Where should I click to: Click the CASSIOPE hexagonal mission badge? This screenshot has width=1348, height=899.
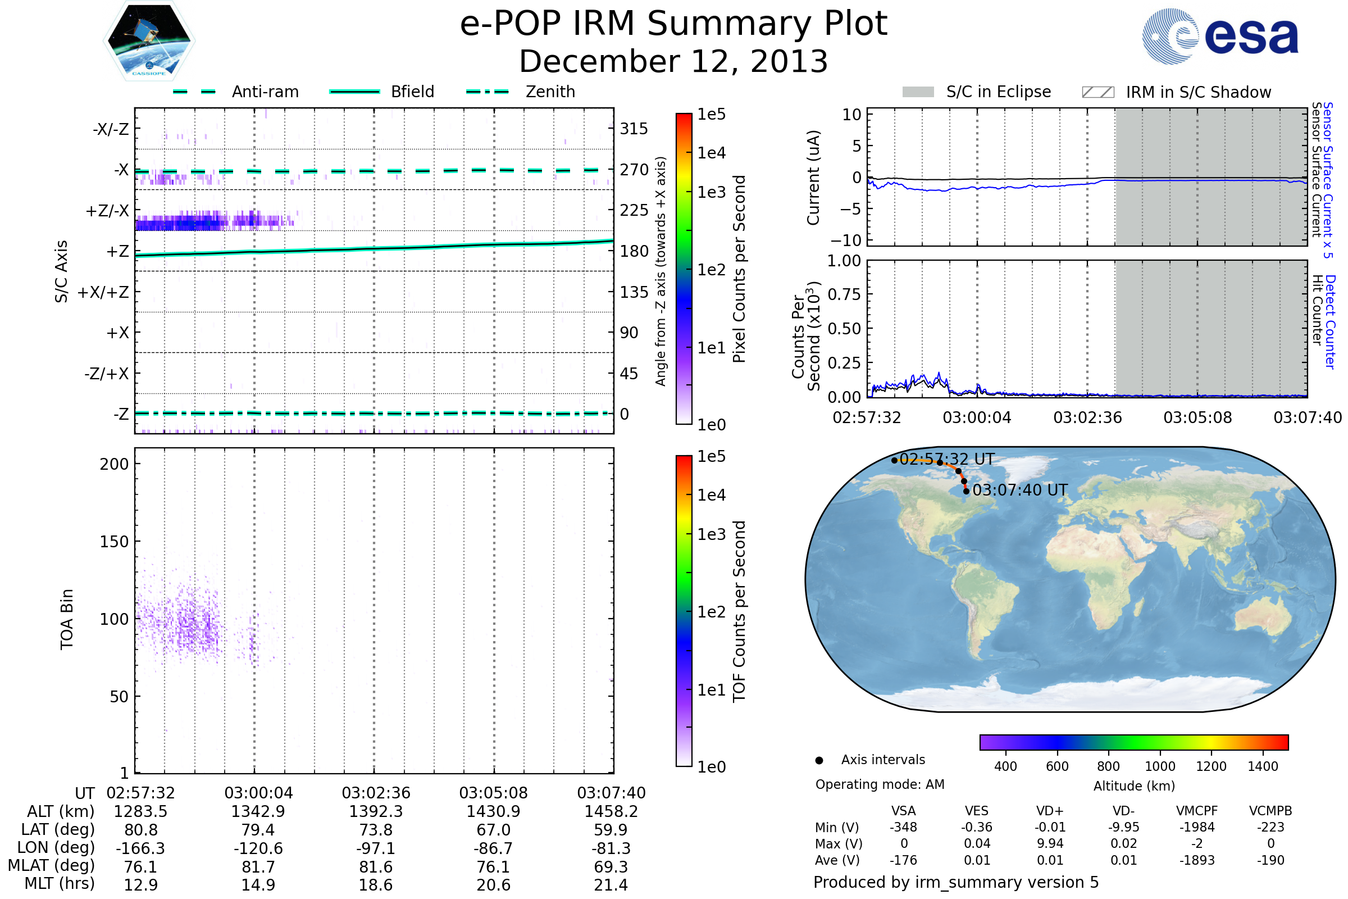tap(149, 40)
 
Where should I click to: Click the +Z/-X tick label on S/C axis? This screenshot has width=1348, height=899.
tap(107, 211)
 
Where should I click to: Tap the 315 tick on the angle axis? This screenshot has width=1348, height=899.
tap(634, 129)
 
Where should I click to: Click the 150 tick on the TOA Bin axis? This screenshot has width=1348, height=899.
tap(114, 542)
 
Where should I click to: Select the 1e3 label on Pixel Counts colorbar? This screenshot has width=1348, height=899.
tap(711, 193)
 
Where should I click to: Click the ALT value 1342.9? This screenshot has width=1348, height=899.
tap(258, 811)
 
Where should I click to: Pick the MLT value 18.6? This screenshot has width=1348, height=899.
tap(375, 884)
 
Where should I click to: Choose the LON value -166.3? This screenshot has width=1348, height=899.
tap(140, 848)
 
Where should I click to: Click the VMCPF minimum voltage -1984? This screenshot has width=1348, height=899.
tap(1197, 827)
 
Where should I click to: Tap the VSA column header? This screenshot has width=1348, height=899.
tap(903, 811)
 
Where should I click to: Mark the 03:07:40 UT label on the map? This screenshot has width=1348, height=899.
tap(1019, 490)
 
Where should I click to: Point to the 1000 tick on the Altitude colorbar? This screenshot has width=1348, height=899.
tap(1159, 766)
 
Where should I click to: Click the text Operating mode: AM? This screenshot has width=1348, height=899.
tap(880, 784)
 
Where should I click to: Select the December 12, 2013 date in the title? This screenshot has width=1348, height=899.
tap(673, 61)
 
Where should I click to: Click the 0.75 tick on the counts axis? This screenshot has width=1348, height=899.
tap(844, 294)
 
